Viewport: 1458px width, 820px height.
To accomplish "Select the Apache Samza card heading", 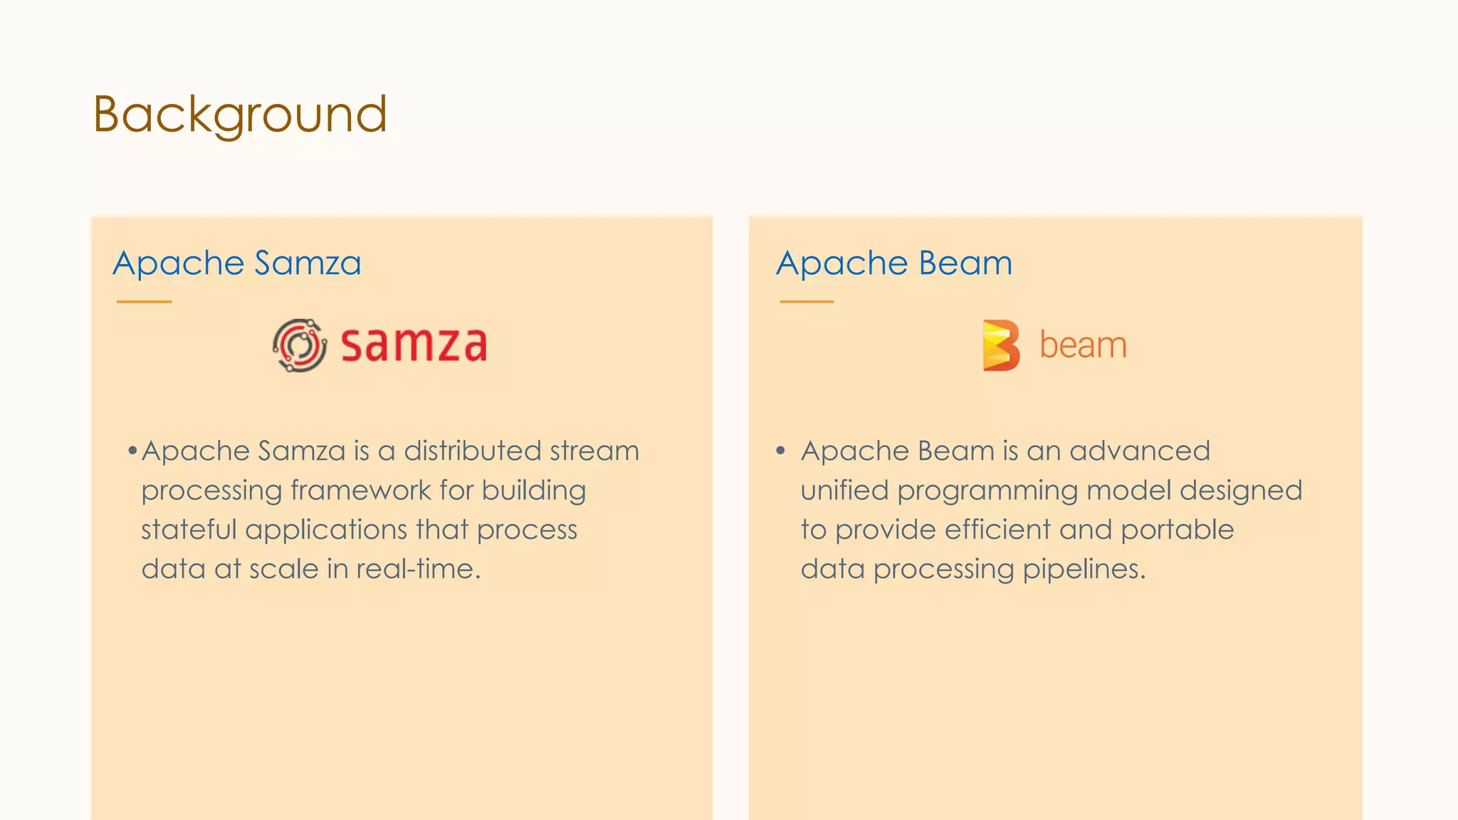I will pos(237,263).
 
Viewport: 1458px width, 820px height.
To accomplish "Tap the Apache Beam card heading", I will pos(893,263).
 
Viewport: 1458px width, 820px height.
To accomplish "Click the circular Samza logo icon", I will pos(300,345).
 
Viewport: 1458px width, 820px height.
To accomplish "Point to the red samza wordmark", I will pos(414,345).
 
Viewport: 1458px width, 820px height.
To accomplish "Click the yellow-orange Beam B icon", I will pos(1000,345).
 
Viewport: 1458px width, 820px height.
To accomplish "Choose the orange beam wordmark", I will pos(1083,345).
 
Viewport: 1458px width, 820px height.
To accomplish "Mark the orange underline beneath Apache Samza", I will pos(144,302).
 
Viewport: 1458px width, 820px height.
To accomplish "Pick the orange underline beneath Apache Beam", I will pos(807,302).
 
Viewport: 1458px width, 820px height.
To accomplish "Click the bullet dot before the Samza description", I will pos(132,451).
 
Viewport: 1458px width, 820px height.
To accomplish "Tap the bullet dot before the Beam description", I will pos(780,451).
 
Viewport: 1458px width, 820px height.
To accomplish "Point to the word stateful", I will pos(189,530).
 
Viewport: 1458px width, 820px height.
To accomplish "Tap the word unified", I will pos(844,490).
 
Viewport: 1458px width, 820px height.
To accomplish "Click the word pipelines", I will pos(1084,569).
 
